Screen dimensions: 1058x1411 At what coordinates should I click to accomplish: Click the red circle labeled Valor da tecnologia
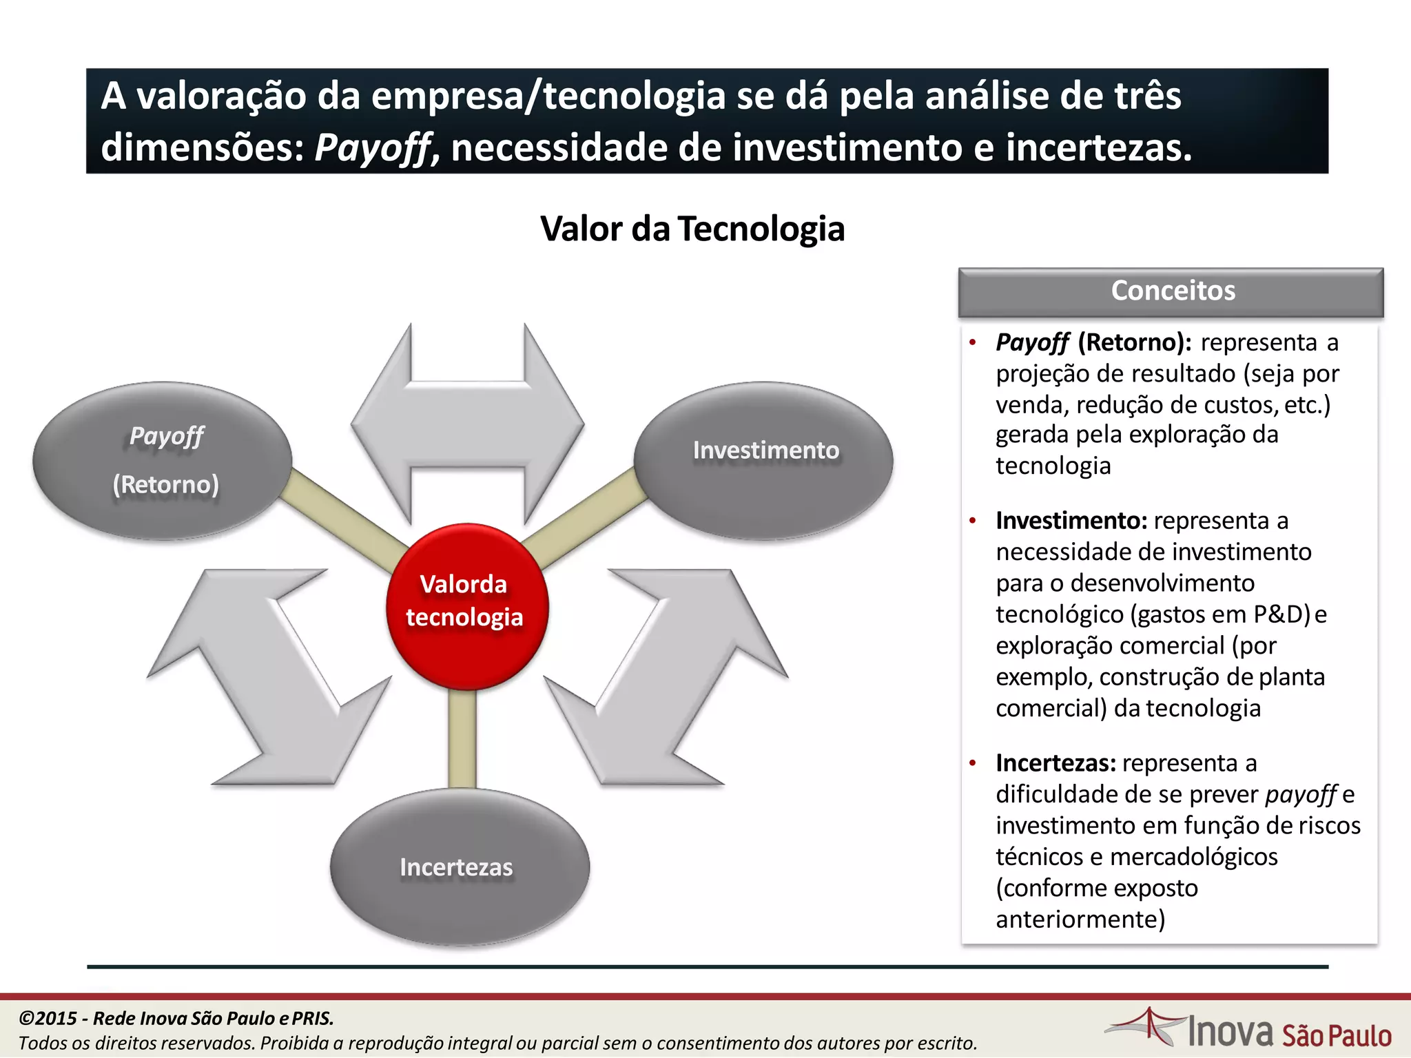click(466, 606)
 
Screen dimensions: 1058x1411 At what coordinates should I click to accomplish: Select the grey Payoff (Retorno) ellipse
click(163, 460)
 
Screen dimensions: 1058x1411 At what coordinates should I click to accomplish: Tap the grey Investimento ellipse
click(763, 460)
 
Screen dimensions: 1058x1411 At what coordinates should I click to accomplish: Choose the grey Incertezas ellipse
click(460, 867)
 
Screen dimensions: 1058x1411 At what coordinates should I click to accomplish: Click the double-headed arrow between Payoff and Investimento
click(467, 423)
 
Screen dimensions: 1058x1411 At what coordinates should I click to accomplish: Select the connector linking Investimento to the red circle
click(586, 517)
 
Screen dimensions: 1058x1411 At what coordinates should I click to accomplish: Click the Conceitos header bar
click(1171, 291)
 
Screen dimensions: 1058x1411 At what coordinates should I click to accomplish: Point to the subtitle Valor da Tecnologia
click(692, 229)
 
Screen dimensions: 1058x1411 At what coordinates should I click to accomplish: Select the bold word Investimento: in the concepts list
click(1071, 521)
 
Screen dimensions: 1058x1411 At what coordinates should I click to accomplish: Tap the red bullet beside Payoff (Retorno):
click(972, 342)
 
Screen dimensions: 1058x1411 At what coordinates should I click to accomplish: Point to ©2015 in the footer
click(47, 1018)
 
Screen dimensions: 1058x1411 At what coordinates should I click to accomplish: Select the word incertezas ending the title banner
click(1098, 148)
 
